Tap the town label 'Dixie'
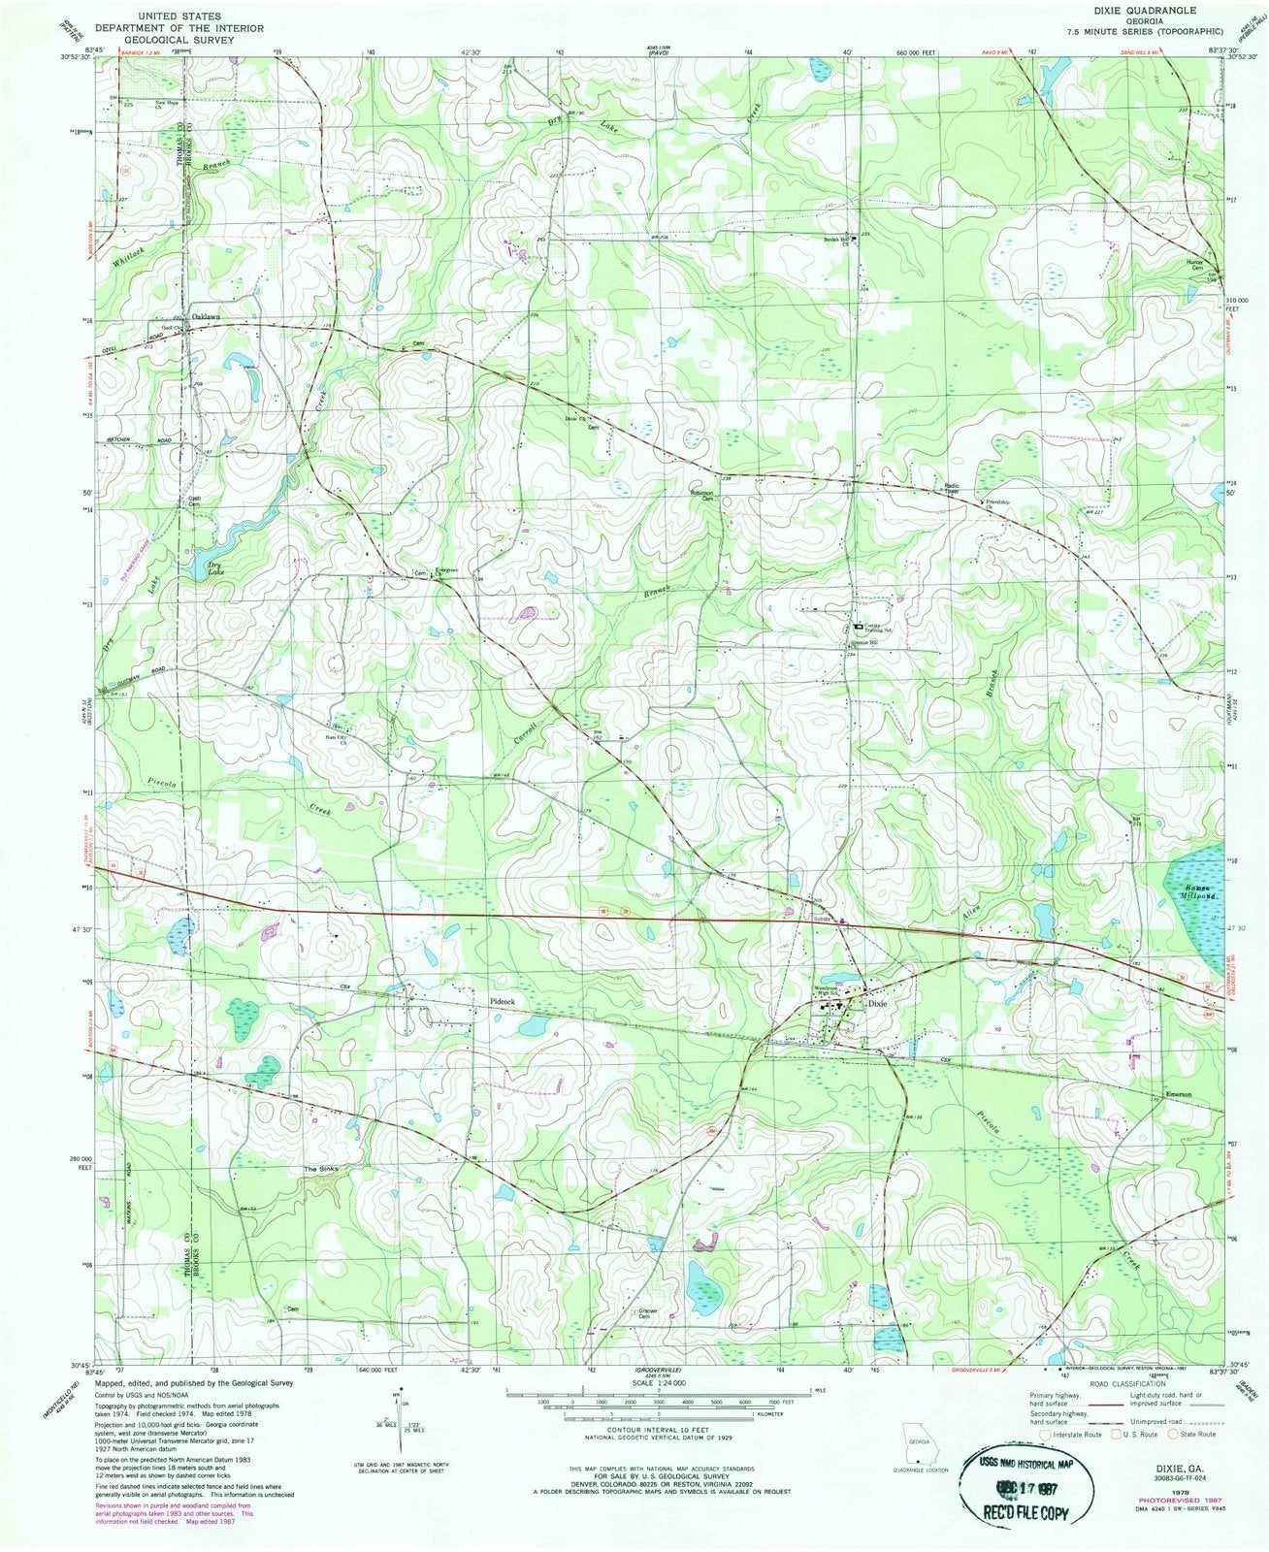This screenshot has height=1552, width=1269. click(877, 1005)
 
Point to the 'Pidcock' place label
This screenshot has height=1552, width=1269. click(502, 998)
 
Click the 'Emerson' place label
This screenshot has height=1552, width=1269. click(1177, 1095)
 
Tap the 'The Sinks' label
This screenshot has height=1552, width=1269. click(321, 1170)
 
